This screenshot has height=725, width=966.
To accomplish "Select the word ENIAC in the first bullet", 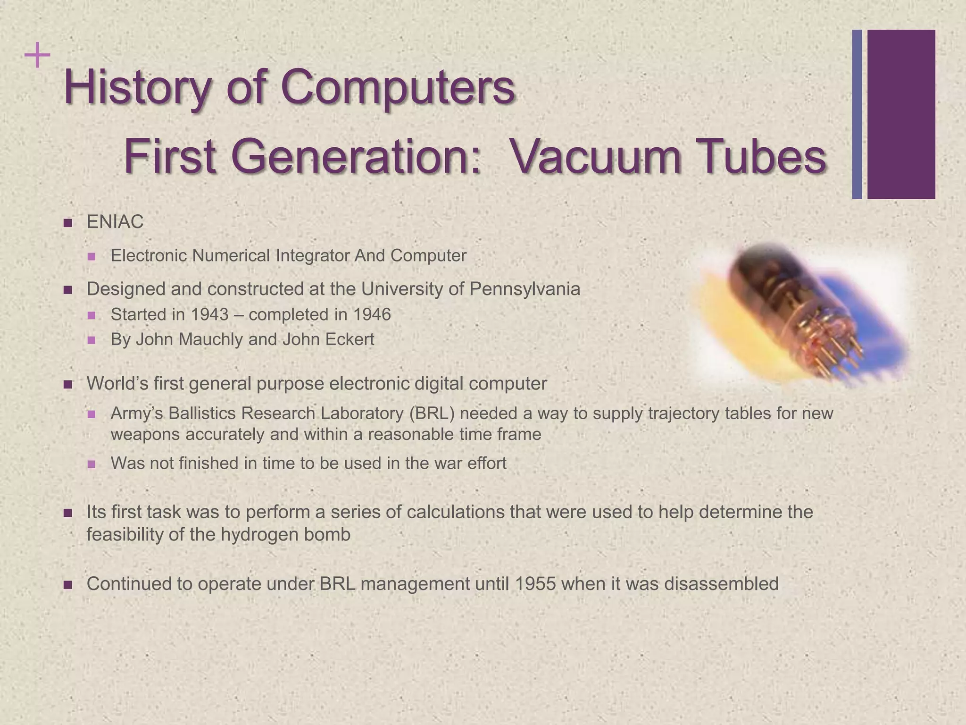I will [x=115, y=222].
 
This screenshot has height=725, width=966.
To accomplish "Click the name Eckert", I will [x=350, y=339].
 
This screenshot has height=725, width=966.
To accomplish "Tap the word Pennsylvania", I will [x=525, y=289].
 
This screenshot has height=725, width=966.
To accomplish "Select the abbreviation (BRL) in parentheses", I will [x=432, y=413].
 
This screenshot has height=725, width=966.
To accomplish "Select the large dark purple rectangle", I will [x=901, y=114].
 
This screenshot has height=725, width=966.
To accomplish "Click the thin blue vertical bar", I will [x=857, y=114].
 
